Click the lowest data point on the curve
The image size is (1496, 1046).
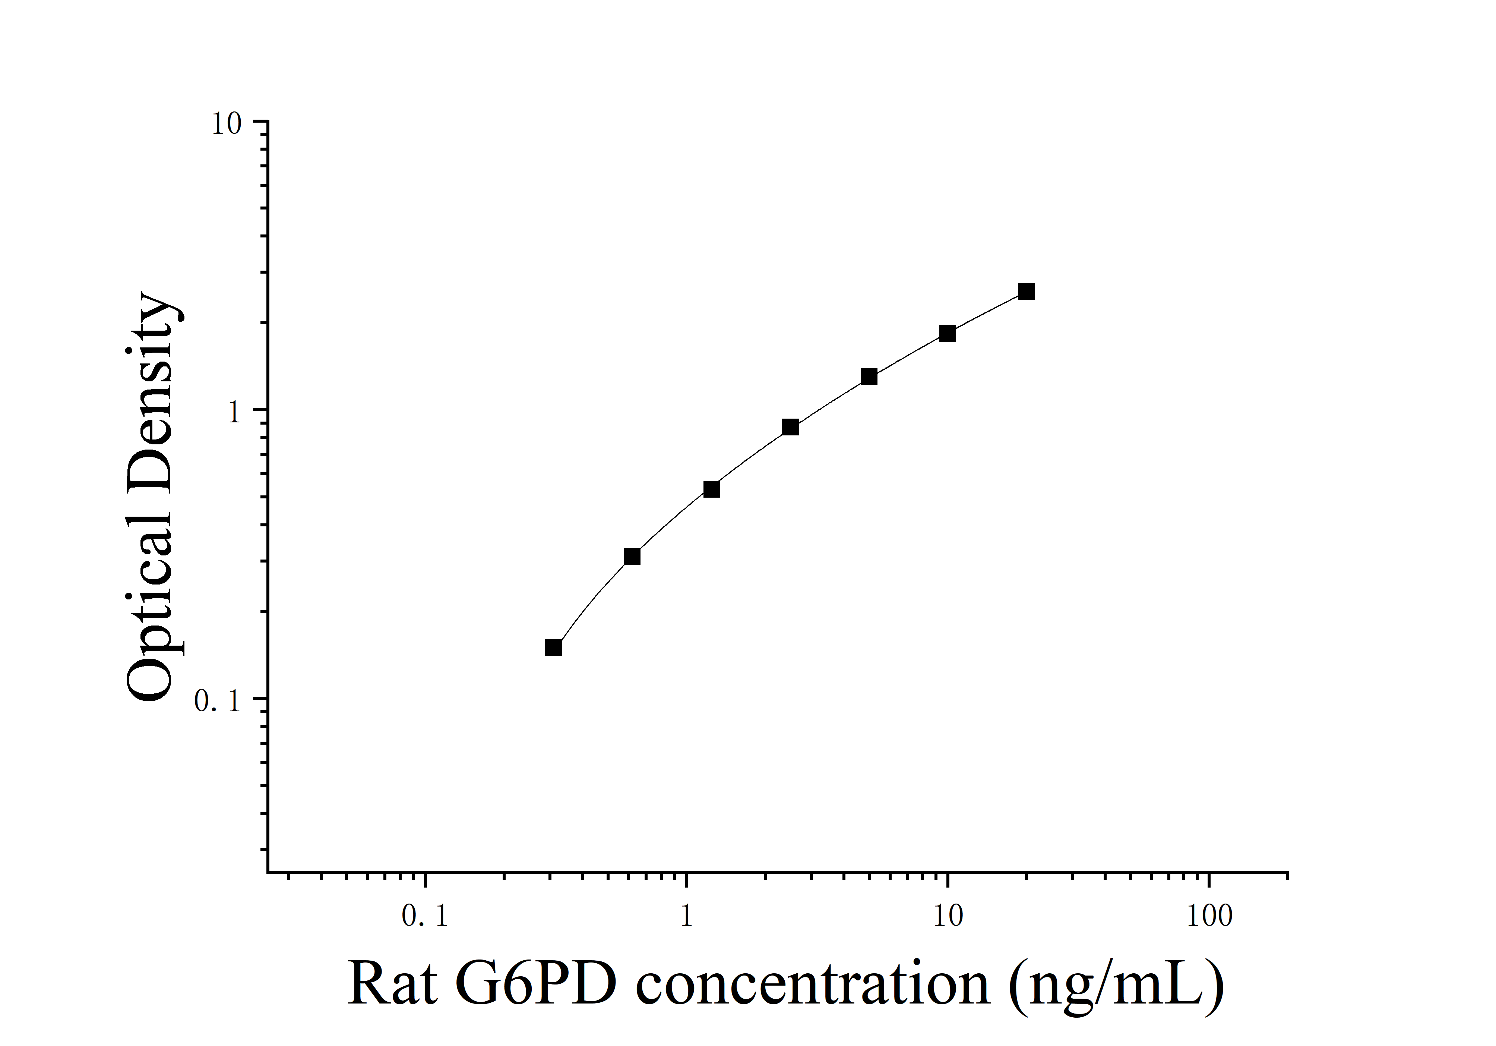coord(553,647)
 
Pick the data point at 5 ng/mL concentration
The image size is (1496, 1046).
coord(869,377)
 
